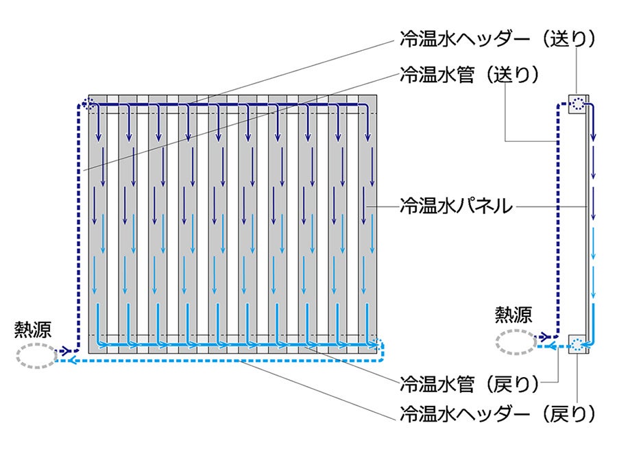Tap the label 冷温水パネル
[456, 205]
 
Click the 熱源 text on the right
[513, 315]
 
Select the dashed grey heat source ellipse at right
[516, 341]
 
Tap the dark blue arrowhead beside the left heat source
[66, 350]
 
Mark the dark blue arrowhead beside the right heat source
[546, 337]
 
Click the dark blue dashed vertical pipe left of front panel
[77, 226]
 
